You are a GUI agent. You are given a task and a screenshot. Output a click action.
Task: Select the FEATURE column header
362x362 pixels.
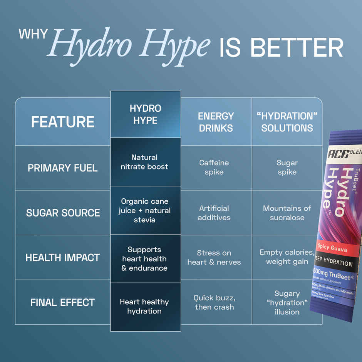click(63, 122)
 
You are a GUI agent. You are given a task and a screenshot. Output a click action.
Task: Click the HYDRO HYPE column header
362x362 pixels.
click(145, 114)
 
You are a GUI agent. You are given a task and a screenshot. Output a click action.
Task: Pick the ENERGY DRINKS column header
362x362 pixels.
click(216, 122)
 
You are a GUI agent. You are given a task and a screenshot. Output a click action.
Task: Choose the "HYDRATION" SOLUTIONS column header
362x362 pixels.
click(287, 122)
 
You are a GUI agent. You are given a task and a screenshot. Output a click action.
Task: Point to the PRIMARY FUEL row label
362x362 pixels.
click(63, 168)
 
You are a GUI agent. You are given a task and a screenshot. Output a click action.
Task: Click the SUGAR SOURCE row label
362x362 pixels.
click(63, 213)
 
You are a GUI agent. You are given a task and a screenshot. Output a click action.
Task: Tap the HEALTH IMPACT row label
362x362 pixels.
click(63, 257)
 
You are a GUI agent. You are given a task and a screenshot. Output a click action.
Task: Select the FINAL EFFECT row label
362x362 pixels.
click(63, 302)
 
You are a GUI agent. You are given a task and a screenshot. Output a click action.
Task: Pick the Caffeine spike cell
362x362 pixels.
click(214, 168)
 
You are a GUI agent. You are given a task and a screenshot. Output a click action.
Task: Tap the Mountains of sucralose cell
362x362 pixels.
click(287, 213)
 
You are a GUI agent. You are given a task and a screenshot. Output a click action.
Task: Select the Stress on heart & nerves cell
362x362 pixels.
click(214, 258)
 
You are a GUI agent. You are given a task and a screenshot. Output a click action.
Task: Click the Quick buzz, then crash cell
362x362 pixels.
click(214, 302)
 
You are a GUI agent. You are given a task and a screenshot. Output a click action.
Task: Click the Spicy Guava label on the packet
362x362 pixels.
click(332, 248)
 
